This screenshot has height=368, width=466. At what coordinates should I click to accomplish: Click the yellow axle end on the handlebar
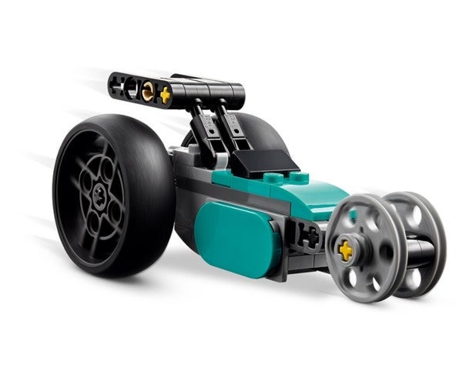tap(164, 95)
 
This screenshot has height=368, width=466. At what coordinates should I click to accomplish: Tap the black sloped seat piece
tap(262, 161)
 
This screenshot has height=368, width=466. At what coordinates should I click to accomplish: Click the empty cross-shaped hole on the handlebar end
tap(119, 85)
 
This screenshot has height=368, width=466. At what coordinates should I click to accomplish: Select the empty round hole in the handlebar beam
tap(132, 88)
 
